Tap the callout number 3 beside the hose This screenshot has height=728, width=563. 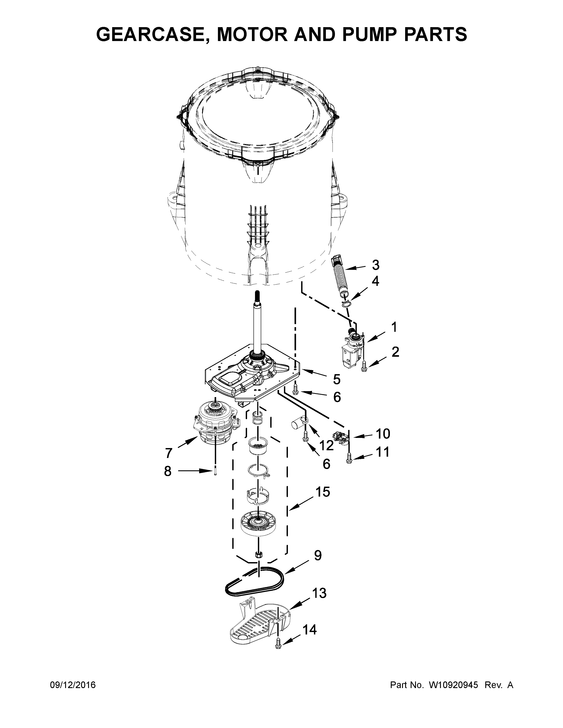pos(376,265)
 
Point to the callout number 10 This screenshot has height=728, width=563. pos(383,434)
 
